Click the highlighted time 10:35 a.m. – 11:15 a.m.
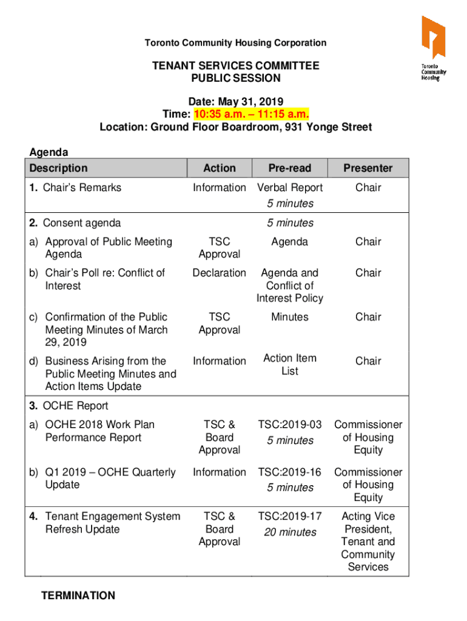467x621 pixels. coord(252,114)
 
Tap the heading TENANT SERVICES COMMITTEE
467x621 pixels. coord(235,65)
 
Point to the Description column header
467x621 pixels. coord(58,168)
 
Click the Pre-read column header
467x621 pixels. coord(289,168)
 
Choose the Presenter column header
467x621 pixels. coord(368,168)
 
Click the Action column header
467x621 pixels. coord(220,168)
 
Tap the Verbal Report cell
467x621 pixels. coord(290,188)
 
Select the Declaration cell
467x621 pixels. coord(220,273)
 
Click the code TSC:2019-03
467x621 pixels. coord(290,425)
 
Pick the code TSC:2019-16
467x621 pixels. coord(290,472)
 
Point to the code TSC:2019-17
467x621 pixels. coord(290,516)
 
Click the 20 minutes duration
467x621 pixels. coord(290,532)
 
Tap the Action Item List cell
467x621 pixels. coord(290,364)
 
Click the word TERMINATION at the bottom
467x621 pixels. coord(78,596)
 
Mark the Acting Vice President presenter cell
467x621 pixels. coord(368,542)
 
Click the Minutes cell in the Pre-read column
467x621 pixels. coord(290,317)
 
